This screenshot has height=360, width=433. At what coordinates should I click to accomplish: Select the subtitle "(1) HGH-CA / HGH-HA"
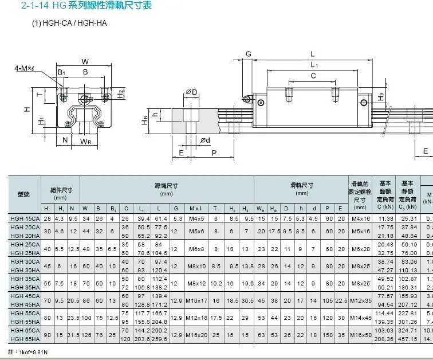(69, 24)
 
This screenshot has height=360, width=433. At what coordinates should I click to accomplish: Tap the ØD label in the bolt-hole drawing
(191, 92)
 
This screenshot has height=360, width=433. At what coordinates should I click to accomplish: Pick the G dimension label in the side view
(248, 54)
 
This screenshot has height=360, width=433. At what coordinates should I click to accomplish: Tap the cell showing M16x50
(361, 335)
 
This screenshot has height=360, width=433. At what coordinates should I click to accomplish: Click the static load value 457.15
(408, 339)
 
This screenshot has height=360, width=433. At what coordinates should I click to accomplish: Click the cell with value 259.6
(160, 339)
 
